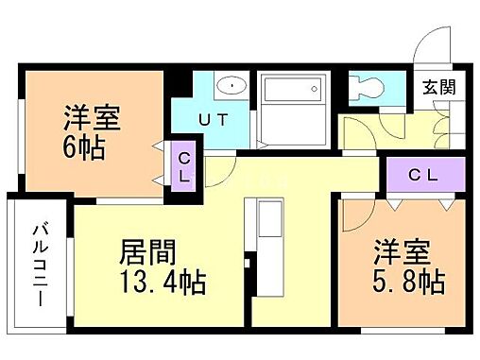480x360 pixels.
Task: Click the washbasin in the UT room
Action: (231, 86)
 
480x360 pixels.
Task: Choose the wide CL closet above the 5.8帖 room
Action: (423, 176)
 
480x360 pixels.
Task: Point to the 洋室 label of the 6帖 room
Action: (90, 118)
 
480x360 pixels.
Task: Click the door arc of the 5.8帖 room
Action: (354, 214)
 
